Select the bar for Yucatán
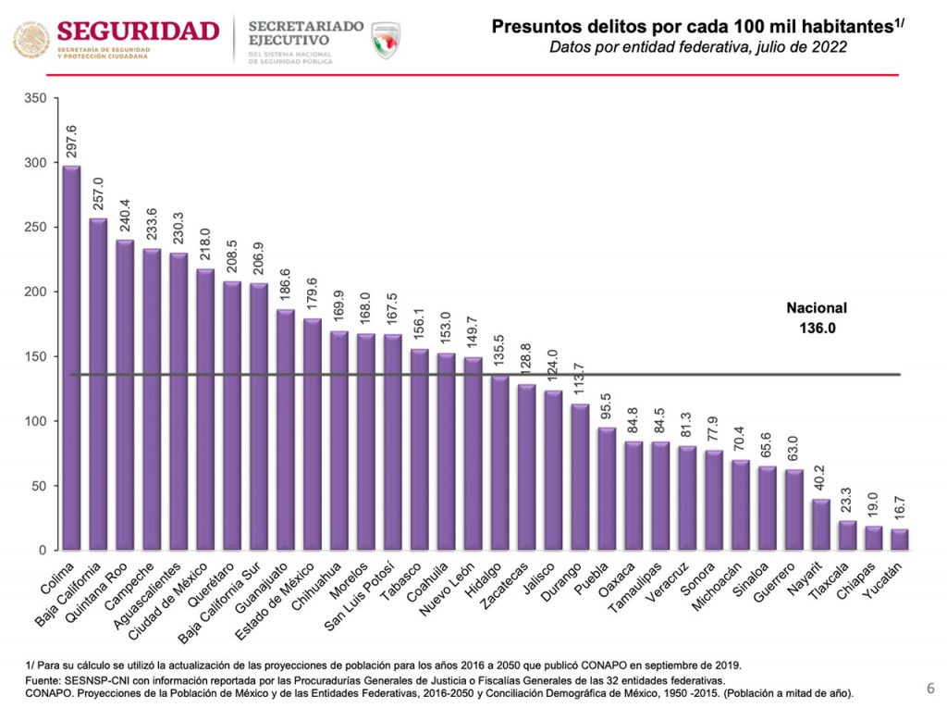tap(900, 540)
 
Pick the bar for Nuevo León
tap(473, 453)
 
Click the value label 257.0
tap(98, 196)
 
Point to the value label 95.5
tap(607, 405)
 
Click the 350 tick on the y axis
tap(36, 98)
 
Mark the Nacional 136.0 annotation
tap(817, 317)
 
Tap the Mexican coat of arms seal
tap(31, 41)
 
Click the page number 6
tap(930, 688)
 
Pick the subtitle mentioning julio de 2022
tap(698, 48)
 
